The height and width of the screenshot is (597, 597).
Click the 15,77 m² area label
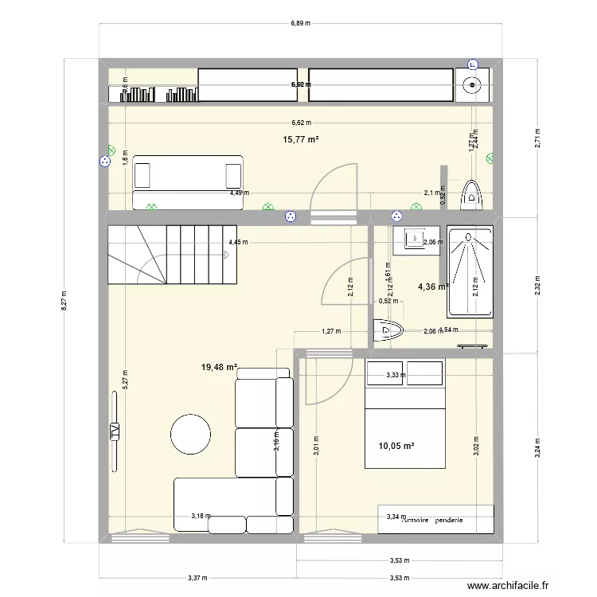pyautogui.click(x=301, y=139)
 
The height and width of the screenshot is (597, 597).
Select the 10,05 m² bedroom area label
pyautogui.click(x=396, y=446)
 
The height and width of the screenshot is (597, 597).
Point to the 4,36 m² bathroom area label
pyautogui.click(x=432, y=288)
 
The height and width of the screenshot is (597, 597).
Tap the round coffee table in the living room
pyautogui.click(x=190, y=434)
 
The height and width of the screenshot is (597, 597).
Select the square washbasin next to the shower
pyautogui.click(x=414, y=237)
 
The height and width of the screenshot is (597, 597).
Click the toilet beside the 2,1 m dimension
pyautogui.click(x=473, y=196)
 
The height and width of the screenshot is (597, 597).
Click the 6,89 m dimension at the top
pyautogui.click(x=300, y=25)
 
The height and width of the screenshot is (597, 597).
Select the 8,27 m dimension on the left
pyautogui.click(x=65, y=302)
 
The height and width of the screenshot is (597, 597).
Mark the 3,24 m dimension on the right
pyautogui.click(x=538, y=441)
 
